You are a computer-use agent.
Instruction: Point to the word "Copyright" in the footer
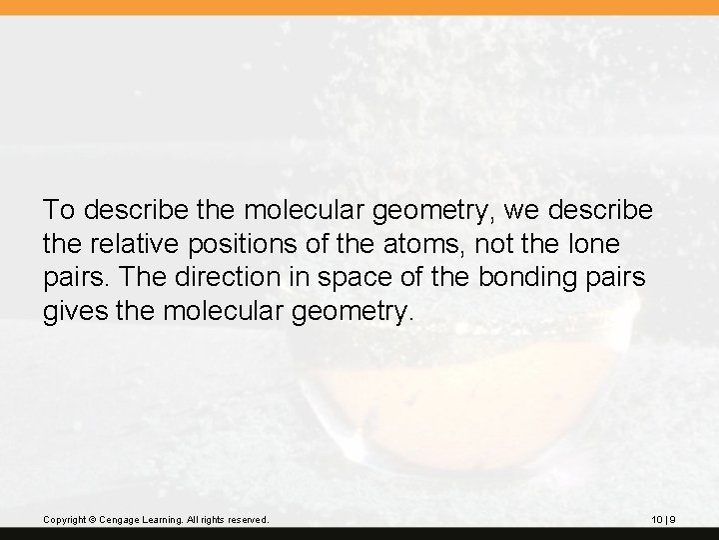point(65,520)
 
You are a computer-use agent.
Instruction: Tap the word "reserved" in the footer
point(247,520)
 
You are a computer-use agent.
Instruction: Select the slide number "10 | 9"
point(663,520)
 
